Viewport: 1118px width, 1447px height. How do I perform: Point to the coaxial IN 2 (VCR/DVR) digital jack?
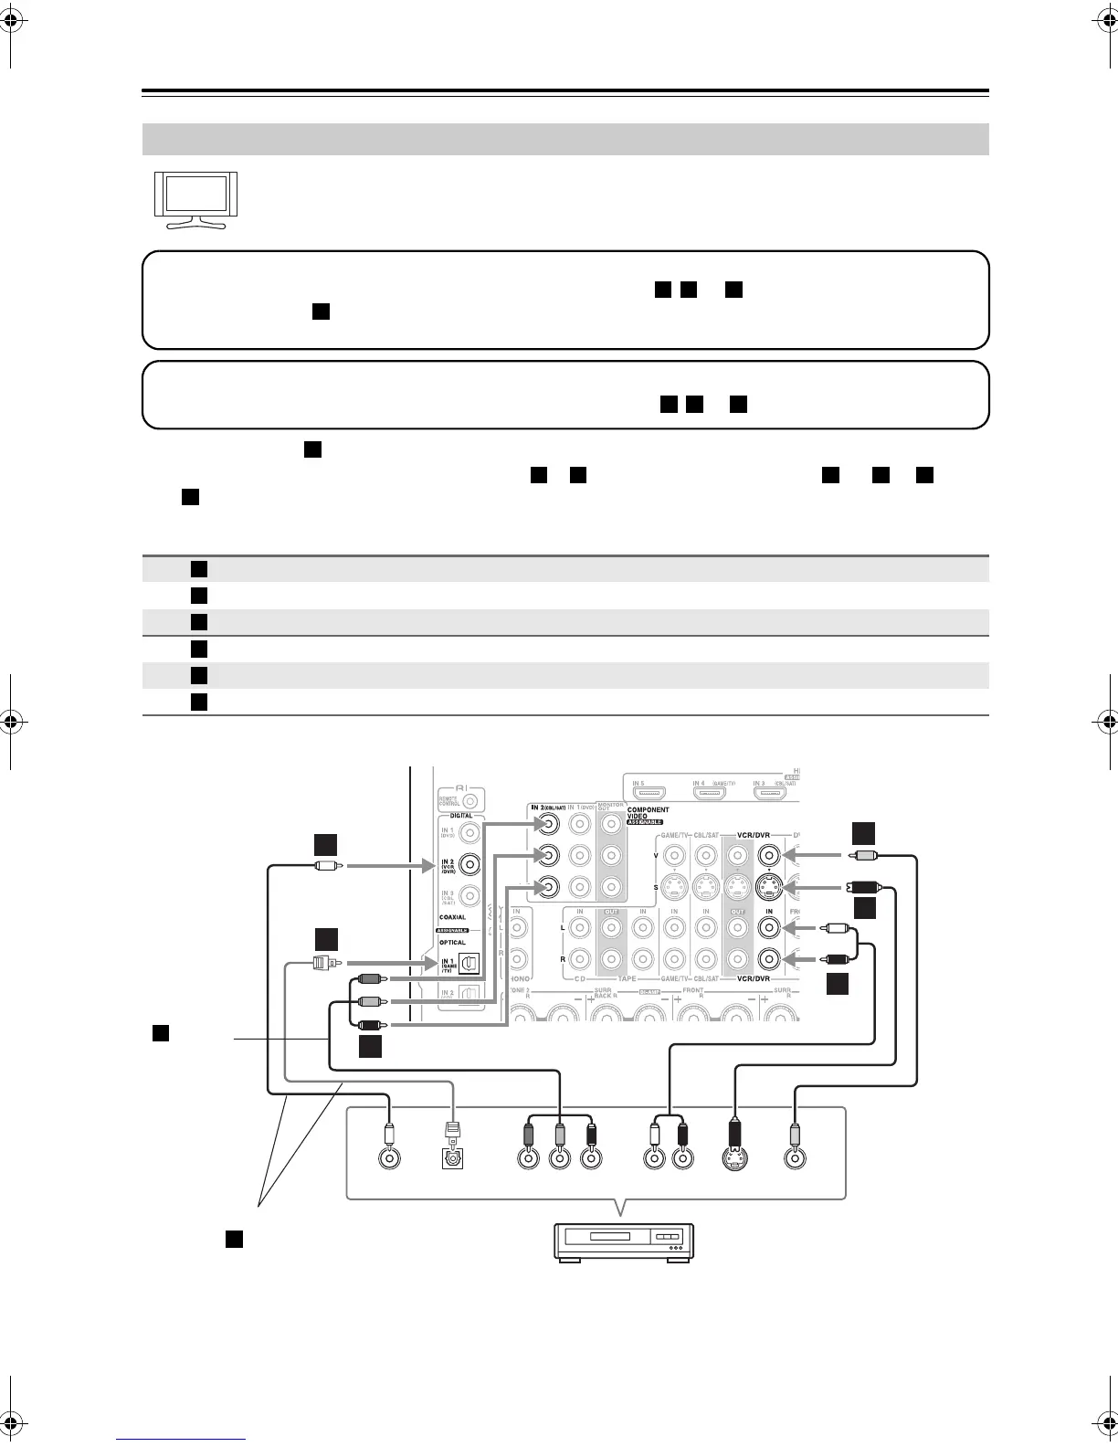[469, 863]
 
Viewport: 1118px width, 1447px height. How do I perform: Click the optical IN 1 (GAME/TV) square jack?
[469, 964]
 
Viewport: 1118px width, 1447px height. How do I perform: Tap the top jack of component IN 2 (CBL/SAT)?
[547, 824]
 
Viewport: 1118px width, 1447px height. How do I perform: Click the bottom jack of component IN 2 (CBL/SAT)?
[547, 886]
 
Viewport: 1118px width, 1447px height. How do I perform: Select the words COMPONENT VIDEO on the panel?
[648, 813]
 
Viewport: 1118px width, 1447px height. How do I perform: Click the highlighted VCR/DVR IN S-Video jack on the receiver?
[769, 888]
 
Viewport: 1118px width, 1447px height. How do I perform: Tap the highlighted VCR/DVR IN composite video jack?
[769, 856]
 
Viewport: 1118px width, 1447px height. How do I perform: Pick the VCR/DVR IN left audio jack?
[769, 928]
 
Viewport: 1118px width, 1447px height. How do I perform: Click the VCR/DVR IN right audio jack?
[769, 959]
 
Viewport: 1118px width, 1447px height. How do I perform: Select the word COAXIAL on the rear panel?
[452, 917]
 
